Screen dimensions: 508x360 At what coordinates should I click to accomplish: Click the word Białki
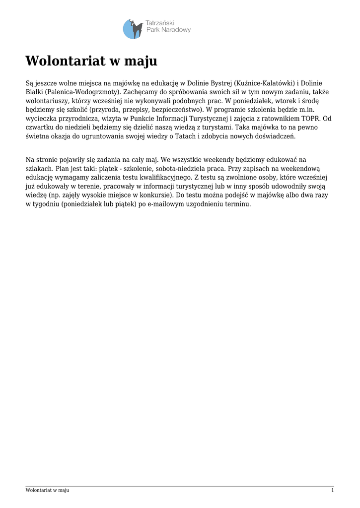35,92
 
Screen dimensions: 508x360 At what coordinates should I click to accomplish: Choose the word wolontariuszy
47,101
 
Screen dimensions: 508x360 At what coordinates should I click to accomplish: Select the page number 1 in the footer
332,490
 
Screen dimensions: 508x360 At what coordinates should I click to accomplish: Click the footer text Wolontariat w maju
47,490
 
